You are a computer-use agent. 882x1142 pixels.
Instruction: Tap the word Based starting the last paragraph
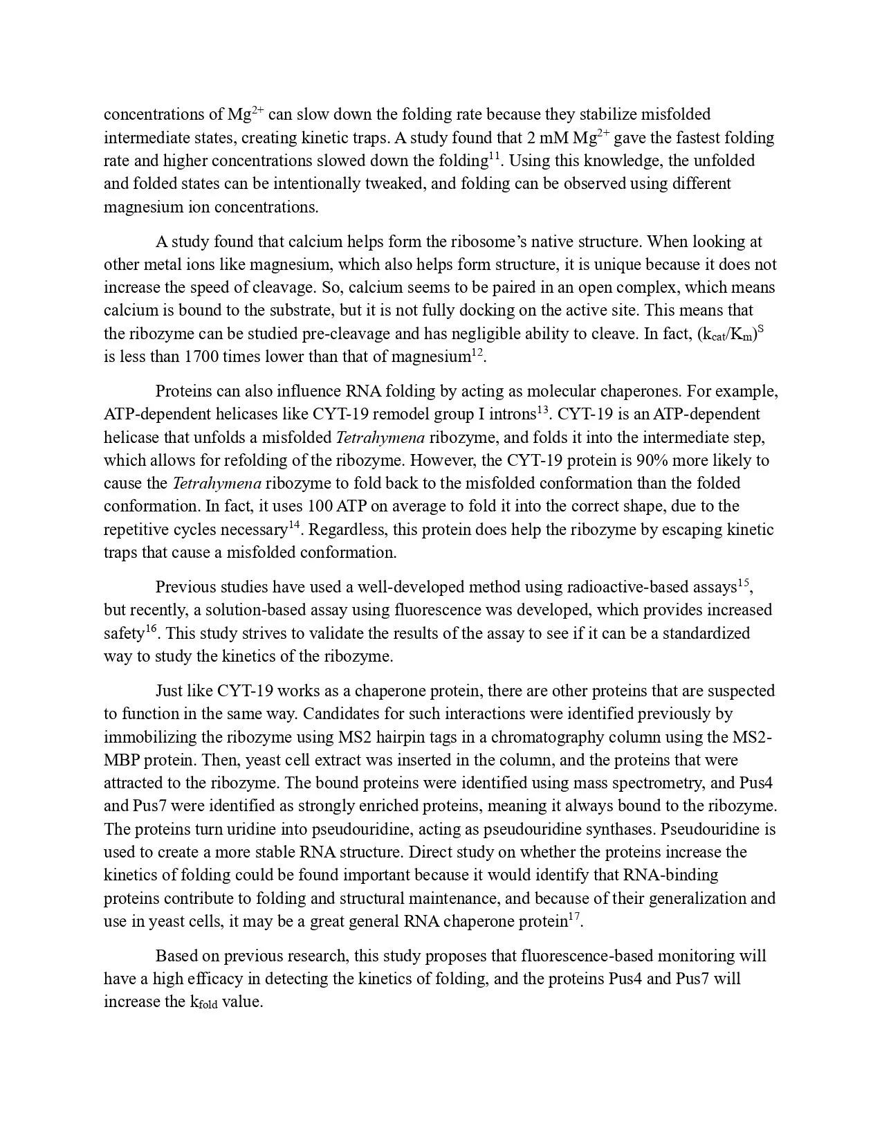(x=176, y=956)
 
